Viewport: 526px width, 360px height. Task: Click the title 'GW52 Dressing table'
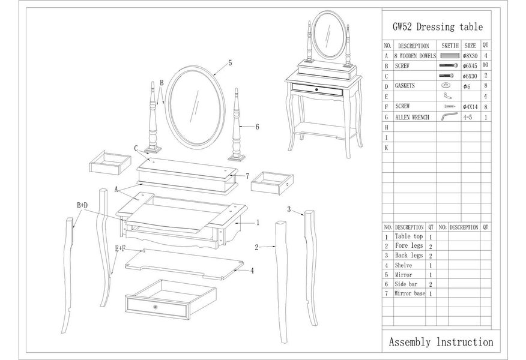(x=437, y=27)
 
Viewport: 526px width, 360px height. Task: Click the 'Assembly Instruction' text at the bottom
(x=441, y=342)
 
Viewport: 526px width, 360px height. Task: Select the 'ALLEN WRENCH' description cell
(x=412, y=118)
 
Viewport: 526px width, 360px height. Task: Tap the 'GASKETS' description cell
(x=405, y=86)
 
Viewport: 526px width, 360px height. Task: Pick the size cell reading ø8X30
(x=470, y=56)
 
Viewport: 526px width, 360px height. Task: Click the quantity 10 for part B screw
(x=485, y=65)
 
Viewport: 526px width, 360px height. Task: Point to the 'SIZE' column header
(x=470, y=46)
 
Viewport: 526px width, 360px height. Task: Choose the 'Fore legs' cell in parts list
(x=408, y=246)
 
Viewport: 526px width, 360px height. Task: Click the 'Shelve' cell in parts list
(x=403, y=265)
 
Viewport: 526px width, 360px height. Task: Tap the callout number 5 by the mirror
(x=230, y=62)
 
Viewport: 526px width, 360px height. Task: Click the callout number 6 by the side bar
(x=257, y=127)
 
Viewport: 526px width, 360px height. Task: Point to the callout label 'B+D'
(x=82, y=205)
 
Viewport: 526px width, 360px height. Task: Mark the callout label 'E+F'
(x=120, y=248)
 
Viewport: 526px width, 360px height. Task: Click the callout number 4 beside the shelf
(x=252, y=271)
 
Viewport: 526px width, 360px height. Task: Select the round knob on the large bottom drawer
(x=155, y=307)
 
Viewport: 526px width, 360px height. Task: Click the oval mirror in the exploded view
(x=195, y=108)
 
